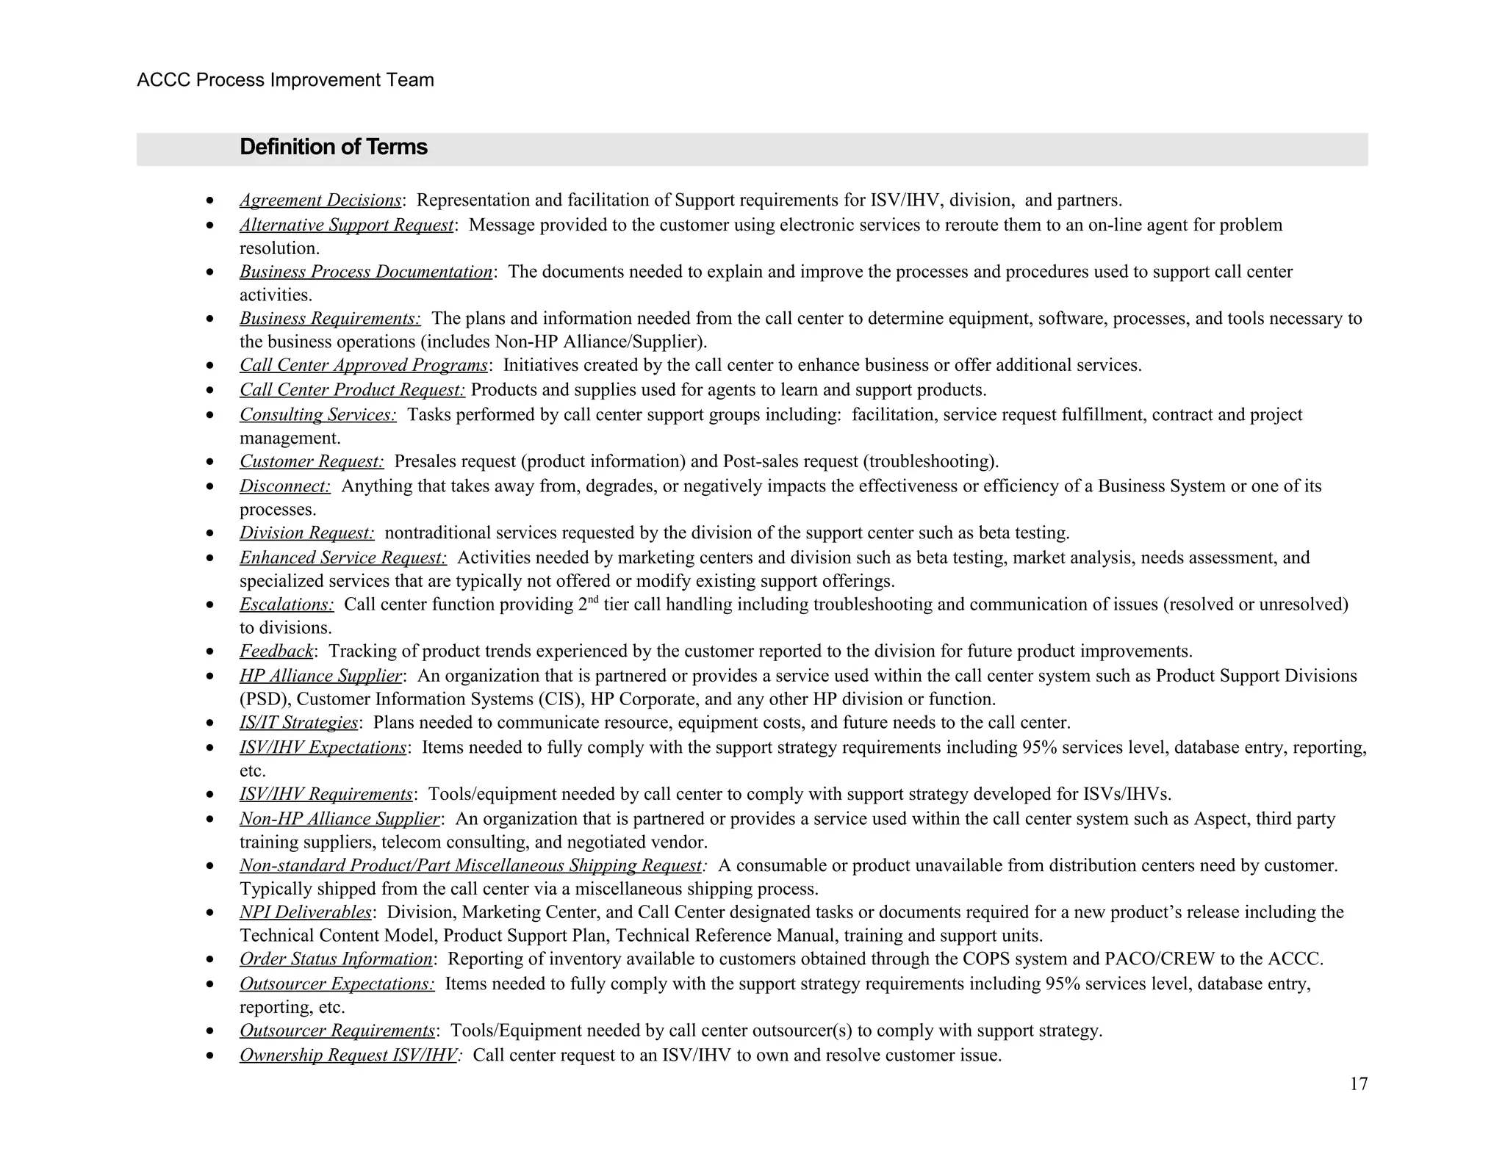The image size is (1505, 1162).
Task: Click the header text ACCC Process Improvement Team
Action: click(x=285, y=80)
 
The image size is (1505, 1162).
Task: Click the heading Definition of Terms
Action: click(x=333, y=148)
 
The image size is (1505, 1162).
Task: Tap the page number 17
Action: click(x=1358, y=1084)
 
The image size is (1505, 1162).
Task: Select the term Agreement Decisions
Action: click(x=320, y=201)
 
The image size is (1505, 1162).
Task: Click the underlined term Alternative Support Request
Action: click(x=346, y=225)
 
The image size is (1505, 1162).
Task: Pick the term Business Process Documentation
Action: click(x=366, y=272)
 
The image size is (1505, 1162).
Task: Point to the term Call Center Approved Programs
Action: click(x=364, y=365)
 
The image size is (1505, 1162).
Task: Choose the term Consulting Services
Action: click(x=317, y=415)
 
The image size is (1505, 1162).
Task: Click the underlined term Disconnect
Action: click(x=284, y=486)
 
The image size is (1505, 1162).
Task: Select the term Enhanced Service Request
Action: click(x=342, y=557)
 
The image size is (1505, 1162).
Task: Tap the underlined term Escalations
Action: click(x=287, y=605)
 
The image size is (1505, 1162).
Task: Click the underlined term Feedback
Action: click(x=276, y=652)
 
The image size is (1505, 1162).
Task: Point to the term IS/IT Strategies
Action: click(x=298, y=723)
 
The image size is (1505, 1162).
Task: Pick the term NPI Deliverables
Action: click(x=305, y=912)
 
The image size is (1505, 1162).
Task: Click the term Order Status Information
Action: click(x=336, y=959)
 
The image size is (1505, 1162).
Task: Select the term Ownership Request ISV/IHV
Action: click(x=348, y=1055)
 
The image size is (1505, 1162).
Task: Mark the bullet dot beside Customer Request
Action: click(x=211, y=462)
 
